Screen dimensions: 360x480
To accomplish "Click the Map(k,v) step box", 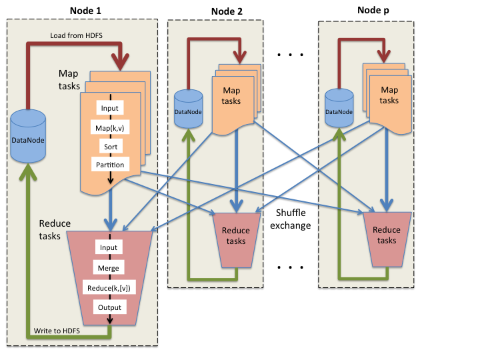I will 109,127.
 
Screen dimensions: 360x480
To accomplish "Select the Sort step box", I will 109,145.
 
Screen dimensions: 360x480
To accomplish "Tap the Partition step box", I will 109,164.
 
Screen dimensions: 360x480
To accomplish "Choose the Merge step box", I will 109,267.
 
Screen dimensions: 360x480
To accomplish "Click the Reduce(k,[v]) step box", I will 109,287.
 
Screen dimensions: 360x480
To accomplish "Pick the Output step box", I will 109,307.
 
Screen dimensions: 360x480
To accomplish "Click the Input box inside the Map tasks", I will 109,108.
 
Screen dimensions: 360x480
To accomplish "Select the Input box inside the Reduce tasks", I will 109,247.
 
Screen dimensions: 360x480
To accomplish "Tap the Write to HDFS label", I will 59,331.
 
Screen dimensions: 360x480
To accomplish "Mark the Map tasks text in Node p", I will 389,95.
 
